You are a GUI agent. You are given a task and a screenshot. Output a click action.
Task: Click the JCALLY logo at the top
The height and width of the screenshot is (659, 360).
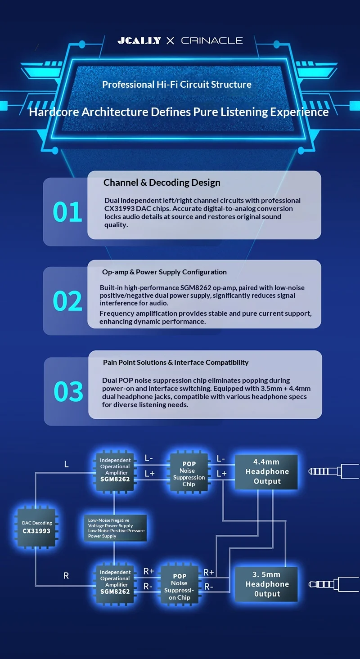pyautogui.click(x=139, y=40)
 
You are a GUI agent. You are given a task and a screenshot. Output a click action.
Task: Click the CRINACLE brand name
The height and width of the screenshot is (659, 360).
pyautogui.click(x=212, y=40)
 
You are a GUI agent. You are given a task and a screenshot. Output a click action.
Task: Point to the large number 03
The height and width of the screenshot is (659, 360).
pyautogui.click(x=68, y=391)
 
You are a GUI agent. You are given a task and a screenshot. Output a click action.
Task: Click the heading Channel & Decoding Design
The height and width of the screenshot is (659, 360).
pyautogui.click(x=162, y=183)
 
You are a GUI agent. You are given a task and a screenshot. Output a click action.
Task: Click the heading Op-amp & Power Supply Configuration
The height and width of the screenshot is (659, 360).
pyautogui.click(x=164, y=272)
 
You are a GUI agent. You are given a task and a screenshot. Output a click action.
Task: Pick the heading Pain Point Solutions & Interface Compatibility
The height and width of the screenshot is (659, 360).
pyautogui.click(x=176, y=363)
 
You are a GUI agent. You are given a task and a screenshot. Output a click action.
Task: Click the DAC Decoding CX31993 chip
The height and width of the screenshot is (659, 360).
pyautogui.click(x=36, y=527)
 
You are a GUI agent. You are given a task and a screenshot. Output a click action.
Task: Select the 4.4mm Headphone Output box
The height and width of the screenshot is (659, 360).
pyautogui.click(x=266, y=472)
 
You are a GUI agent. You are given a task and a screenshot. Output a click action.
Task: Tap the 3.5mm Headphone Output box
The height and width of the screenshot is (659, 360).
pyautogui.click(x=266, y=584)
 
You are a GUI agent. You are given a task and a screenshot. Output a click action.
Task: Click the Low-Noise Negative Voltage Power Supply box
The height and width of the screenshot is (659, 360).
pyautogui.click(x=116, y=528)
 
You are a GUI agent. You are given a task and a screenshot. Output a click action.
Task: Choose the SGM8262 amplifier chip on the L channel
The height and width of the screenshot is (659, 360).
pyautogui.click(x=115, y=470)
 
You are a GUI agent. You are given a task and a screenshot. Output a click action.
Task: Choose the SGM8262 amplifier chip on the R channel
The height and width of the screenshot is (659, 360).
pyautogui.click(x=115, y=582)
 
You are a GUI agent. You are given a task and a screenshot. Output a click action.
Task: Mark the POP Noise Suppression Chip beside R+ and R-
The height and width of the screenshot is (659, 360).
pyautogui.click(x=180, y=587)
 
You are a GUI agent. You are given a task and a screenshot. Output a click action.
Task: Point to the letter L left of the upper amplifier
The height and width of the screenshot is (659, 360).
pyautogui.click(x=66, y=464)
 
